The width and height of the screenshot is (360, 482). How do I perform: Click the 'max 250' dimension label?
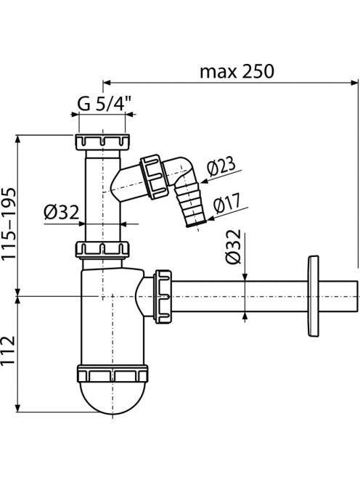(x=237, y=72)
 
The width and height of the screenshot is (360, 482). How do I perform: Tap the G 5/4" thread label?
(x=104, y=104)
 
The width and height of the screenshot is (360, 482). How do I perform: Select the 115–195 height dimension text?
(x=9, y=224)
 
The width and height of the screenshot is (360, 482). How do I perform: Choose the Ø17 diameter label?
(x=227, y=203)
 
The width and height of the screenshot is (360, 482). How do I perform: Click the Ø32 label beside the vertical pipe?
(x=62, y=212)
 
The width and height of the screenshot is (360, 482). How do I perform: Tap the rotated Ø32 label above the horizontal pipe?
(x=233, y=247)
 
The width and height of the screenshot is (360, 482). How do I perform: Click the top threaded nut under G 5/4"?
(x=102, y=142)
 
